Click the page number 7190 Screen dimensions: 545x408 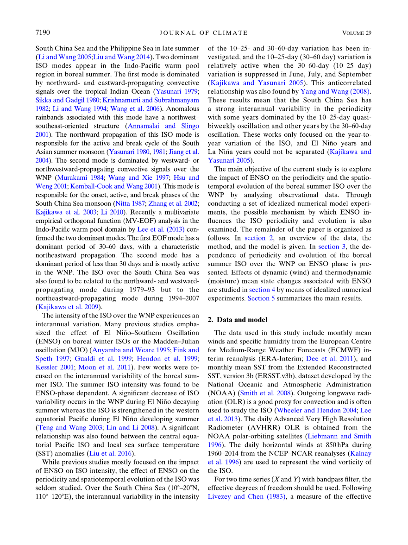[43, 32]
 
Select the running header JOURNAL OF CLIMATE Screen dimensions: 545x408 [203, 33]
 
